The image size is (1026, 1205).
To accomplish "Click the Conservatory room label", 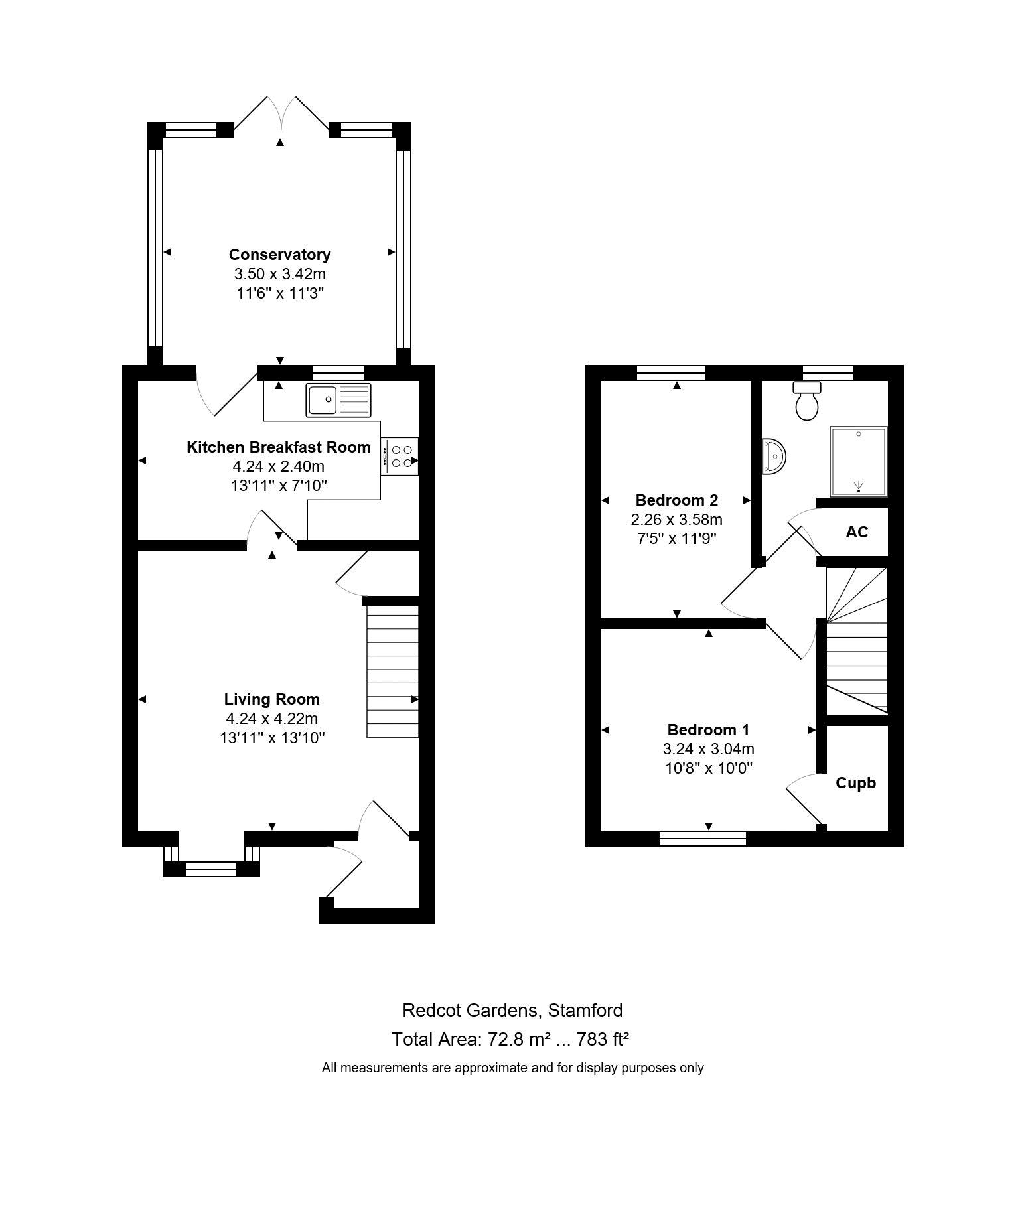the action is (x=279, y=255).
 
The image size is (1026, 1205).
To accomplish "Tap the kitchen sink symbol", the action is (x=338, y=399).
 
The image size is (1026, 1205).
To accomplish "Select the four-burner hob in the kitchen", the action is (x=400, y=456).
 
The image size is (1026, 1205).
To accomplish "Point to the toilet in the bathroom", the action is (x=807, y=401).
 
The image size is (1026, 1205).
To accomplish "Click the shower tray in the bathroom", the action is (x=858, y=461).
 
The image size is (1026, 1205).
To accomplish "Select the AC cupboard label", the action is (x=857, y=532).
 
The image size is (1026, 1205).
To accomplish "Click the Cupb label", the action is (x=855, y=783).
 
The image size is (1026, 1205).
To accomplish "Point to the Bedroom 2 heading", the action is (x=677, y=500).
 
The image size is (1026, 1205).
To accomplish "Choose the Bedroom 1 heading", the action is (x=709, y=730).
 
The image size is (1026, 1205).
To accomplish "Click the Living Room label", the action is (x=271, y=699).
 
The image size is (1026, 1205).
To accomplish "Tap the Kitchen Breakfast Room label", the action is (x=279, y=447).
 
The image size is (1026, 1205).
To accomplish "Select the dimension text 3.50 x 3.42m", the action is (x=279, y=274).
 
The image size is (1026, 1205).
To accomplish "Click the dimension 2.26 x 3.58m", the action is (x=677, y=520).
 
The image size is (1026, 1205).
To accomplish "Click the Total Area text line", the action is (x=510, y=1039).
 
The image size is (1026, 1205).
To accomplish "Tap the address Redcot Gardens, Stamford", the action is (x=512, y=1010).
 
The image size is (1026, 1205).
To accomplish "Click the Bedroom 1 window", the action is (x=703, y=839).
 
